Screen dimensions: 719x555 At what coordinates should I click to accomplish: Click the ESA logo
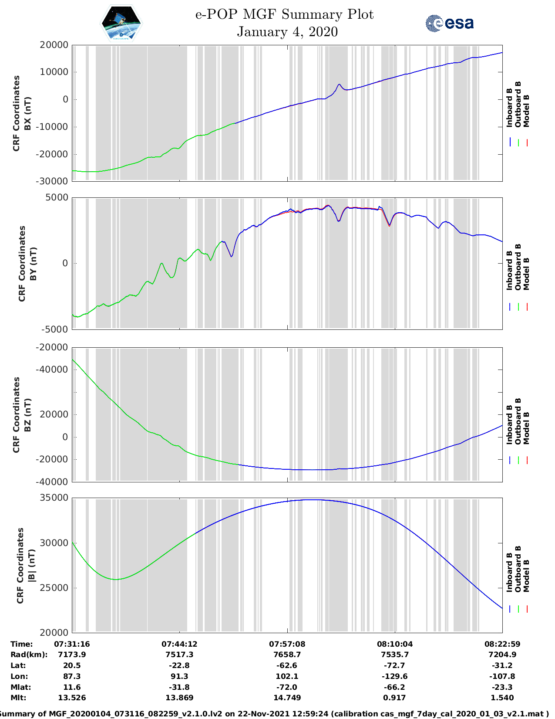[x=450, y=23]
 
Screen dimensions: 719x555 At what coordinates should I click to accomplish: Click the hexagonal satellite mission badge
[x=121, y=23]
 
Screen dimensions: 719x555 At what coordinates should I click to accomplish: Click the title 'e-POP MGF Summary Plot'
[x=284, y=14]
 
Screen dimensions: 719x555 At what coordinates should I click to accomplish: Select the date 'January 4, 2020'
[x=287, y=32]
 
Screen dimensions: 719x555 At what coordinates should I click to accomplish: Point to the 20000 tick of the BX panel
[x=54, y=45]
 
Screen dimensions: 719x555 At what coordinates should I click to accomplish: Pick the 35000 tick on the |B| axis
[x=54, y=498]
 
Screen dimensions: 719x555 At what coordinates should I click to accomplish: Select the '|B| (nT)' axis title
[x=31, y=566]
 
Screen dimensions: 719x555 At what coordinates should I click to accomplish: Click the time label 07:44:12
[x=179, y=644]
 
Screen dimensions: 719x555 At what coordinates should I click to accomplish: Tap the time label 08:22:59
[x=502, y=644]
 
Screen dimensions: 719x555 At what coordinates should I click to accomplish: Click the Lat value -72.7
[x=394, y=665]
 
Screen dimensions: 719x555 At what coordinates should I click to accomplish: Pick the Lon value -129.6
[x=394, y=676]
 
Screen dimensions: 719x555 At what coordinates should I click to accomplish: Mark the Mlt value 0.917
[x=394, y=698]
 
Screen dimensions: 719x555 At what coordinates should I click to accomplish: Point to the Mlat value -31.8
[x=179, y=687]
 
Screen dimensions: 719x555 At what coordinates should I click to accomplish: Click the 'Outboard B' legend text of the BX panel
[x=518, y=105]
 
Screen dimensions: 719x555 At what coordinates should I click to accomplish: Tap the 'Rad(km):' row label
[x=29, y=655]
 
